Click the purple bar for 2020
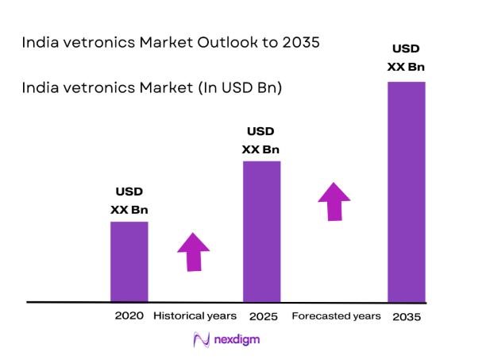point(129,261)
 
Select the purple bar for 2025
point(261,231)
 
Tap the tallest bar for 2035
point(406,192)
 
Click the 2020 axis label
point(129,315)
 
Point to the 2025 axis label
point(262,316)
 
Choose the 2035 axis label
point(406,316)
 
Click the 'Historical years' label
point(194,315)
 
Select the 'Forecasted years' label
point(337,316)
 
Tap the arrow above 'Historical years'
point(193,252)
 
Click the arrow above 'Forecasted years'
point(334,201)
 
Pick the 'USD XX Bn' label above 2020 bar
point(129,201)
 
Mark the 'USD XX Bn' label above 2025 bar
point(261,140)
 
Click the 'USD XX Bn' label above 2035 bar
point(406,58)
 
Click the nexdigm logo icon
point(202,339)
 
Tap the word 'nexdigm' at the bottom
point(237,339)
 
